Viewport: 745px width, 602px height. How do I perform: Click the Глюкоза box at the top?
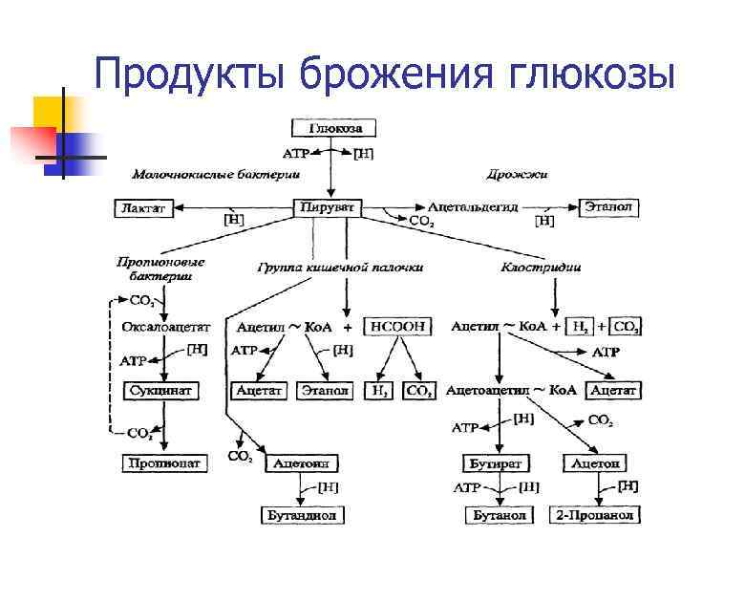click(x=329, y=128)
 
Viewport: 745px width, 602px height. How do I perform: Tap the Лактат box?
click(x=144, y=207)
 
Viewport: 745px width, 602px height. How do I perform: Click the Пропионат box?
click(x=163, y=462)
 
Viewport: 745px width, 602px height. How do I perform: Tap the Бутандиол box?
click(x=301, y=515)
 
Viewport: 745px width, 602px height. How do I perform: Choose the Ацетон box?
click(x=596, y=462)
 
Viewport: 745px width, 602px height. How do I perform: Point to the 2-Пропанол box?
click(x=596, y=515)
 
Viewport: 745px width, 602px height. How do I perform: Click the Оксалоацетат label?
click(x=159, y=326)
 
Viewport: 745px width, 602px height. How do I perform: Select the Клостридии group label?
click(x=542, y=268)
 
